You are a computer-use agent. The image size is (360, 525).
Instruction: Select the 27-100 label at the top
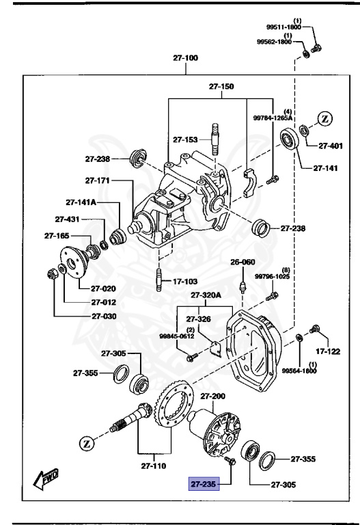[185, 59]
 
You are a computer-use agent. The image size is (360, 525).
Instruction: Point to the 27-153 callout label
[185, 139]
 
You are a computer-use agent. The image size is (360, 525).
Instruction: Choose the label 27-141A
[81, 202]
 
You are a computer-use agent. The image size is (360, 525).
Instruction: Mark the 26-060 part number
[242, 262]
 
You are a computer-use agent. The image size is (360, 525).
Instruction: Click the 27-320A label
[206, 295]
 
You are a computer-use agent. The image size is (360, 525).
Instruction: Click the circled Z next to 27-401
[325, 118]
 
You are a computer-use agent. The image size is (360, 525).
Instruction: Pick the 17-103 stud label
[185, 281]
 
